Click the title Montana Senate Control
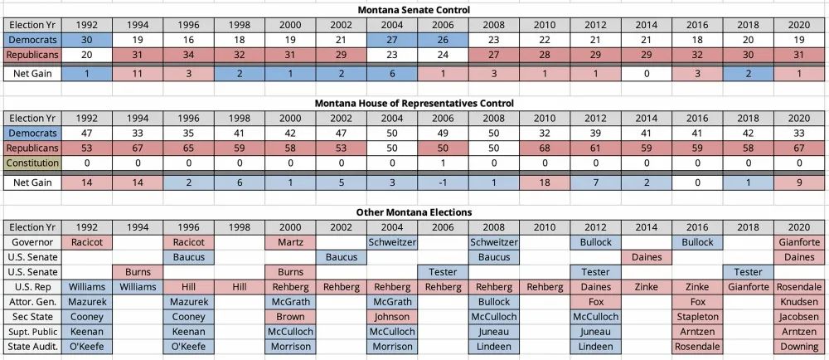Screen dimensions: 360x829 [x=414, y=10]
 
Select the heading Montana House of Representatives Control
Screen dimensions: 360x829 [x=414, y=103]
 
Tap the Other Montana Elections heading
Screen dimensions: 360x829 [x=414, y=212]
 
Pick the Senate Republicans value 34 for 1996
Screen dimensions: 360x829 [x=189, y=54]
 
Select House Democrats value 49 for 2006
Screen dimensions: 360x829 [x=443, y=133]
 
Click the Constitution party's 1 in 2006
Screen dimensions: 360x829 [x=443, y=163]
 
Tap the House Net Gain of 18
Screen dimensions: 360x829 [x=545, y=182]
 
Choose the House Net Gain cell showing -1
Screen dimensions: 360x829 [x=443, y=182]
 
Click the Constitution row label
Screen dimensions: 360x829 [x=32, y=163]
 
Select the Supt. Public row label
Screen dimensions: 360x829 [x=32, y=331]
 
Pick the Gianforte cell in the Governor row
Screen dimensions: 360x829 [x=799, y=241]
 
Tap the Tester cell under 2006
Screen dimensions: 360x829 [x=443, y=271]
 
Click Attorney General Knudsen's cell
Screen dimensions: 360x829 [x=799, y=301]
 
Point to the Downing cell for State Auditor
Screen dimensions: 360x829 [x=799, y=346]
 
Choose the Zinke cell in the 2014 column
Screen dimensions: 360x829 [x=646, y=286]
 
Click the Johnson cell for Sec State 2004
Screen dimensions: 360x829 [x=391, y=316]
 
